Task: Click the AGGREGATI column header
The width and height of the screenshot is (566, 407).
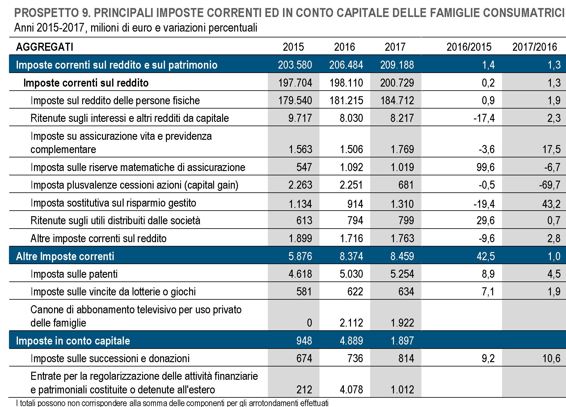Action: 44,47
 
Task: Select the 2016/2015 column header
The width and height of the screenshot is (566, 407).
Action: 468,47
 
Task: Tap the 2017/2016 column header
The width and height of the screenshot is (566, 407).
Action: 534,47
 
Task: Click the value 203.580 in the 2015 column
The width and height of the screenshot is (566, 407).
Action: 295,65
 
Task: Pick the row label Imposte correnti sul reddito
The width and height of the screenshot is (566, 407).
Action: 86,83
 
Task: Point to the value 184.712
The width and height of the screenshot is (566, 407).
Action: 397,101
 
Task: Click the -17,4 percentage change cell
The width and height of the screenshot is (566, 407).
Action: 484,118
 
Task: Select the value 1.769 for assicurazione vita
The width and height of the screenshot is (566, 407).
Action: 402,149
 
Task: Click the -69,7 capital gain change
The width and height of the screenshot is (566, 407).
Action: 549,185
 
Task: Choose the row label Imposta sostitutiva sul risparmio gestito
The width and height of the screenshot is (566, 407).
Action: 113,203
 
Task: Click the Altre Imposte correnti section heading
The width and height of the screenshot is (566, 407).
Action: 65,256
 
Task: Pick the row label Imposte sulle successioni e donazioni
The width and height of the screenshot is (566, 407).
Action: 110,358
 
